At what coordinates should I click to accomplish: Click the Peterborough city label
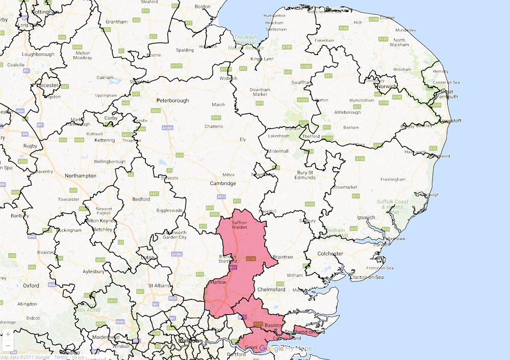pos(172,100)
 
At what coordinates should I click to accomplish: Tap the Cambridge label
pos(223,184)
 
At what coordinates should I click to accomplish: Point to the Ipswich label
pos(366,218)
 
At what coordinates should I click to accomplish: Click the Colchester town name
pos(330,253)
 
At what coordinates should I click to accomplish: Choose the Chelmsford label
pos(272,290)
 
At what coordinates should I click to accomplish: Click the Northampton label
pos(81,176)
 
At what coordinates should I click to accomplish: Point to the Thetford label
pos(311,137)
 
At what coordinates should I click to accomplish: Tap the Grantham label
pos(117,22)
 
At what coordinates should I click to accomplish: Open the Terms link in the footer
pos(61,357)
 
